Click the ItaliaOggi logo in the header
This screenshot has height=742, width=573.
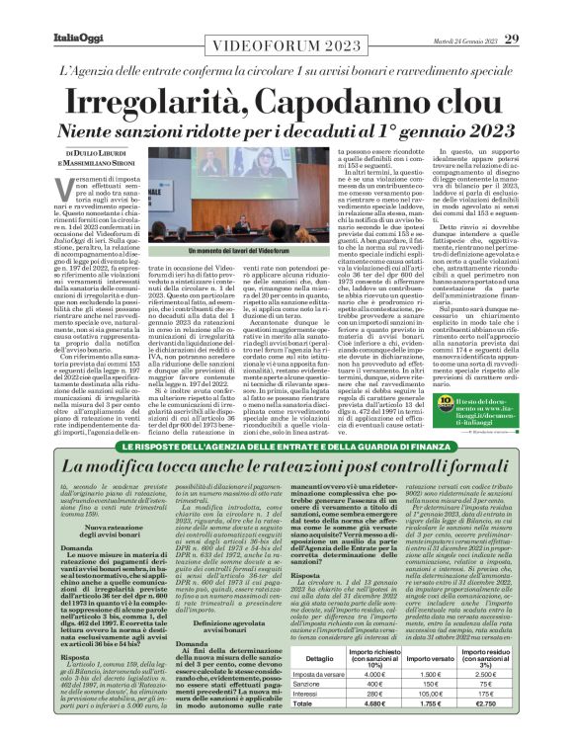[x=46, y=12]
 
